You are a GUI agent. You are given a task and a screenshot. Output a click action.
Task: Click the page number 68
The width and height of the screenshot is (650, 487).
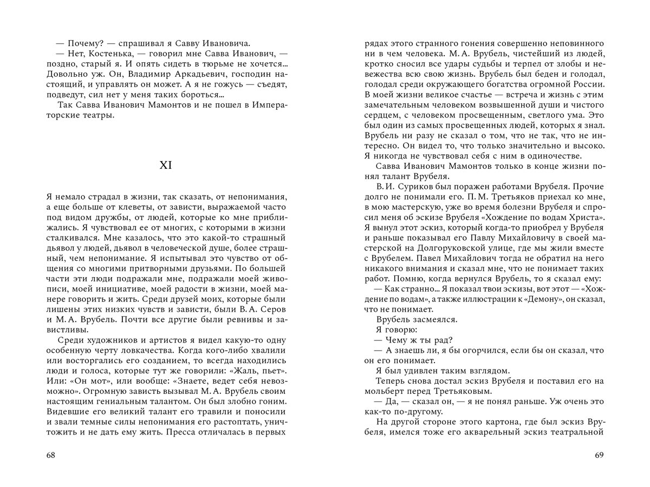pyautogui.click(x=51, y=455)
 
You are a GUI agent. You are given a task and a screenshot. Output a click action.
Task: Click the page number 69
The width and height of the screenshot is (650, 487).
pyautogui.click(x=599, y=455)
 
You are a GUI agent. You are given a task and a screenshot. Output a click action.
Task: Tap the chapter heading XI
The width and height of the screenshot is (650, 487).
pyautogui.click(x=166, y=166)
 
